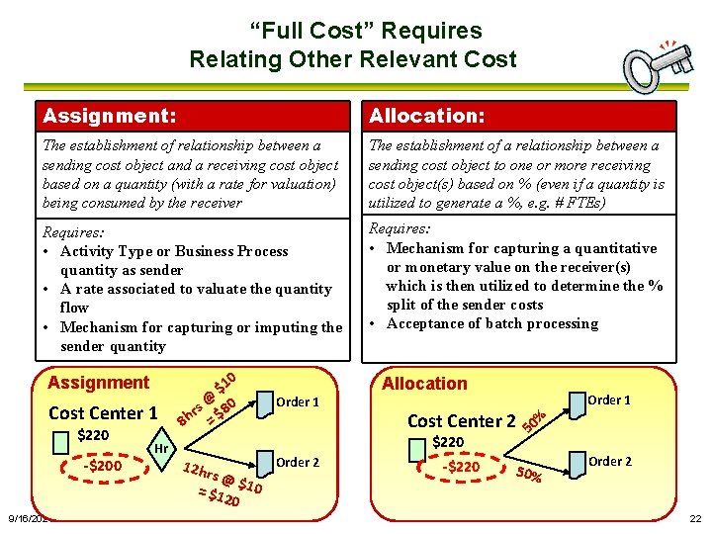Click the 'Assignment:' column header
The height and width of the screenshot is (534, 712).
point(110,116)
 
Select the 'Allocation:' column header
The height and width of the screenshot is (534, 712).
point(426,116)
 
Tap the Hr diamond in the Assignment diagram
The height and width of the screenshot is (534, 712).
point(161,448)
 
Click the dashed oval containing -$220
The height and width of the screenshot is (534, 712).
point(462,467)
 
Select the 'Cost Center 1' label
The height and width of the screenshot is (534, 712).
point(103,413)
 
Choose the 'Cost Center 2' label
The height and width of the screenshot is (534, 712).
point(462,421)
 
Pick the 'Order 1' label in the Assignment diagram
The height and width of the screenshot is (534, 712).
point(297,401)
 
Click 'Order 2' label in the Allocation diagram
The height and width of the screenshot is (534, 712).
point(609,461)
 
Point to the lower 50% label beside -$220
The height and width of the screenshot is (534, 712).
point(529,475)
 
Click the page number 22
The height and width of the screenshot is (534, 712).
point(695,519)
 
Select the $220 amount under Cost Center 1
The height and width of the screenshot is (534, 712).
point(93,435)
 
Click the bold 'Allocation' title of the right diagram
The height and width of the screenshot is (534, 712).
point(424,383)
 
